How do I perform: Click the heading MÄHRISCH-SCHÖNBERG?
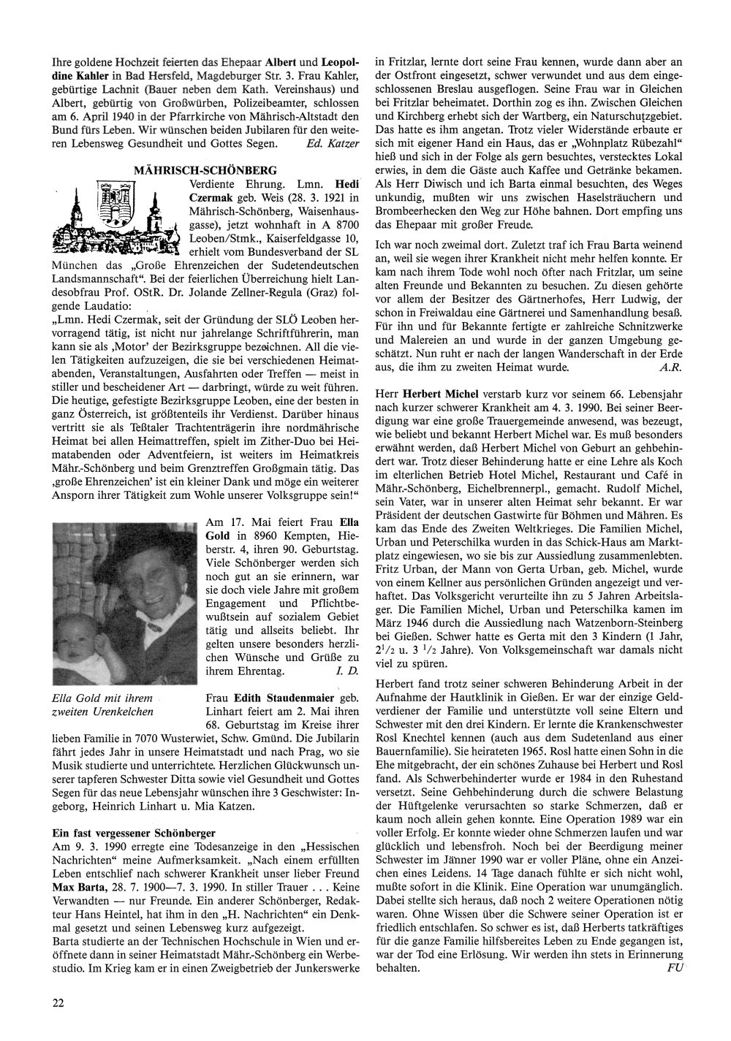205,169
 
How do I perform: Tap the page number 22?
58,1002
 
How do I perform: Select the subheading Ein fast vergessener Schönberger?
134,833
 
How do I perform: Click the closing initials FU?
675,967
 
